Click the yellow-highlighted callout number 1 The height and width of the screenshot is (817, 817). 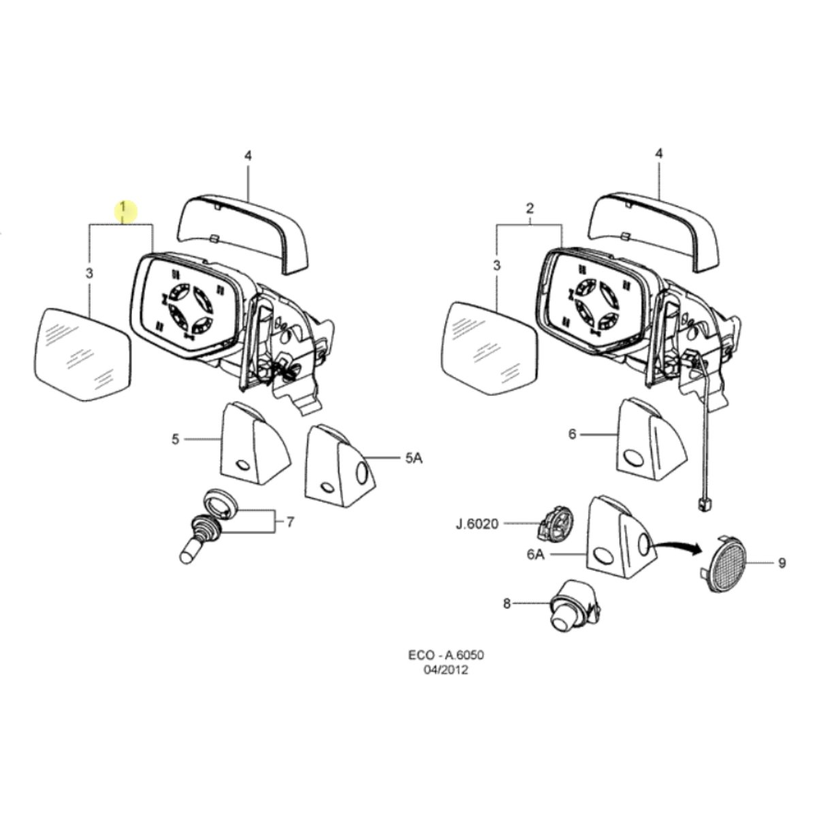coord(123,208)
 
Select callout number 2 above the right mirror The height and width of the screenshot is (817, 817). coord(530,208)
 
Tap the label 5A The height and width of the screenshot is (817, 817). coord(413,458)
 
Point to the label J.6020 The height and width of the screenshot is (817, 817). coord(478,524)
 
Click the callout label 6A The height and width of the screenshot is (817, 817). coord(536,555)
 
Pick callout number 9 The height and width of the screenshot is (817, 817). coord(782,563)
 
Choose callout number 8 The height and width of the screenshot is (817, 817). coord(507,603)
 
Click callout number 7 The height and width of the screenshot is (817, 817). coord(290,522)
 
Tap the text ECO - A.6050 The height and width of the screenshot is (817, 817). coord(445,655)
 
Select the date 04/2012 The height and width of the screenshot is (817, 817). coord(445,671)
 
